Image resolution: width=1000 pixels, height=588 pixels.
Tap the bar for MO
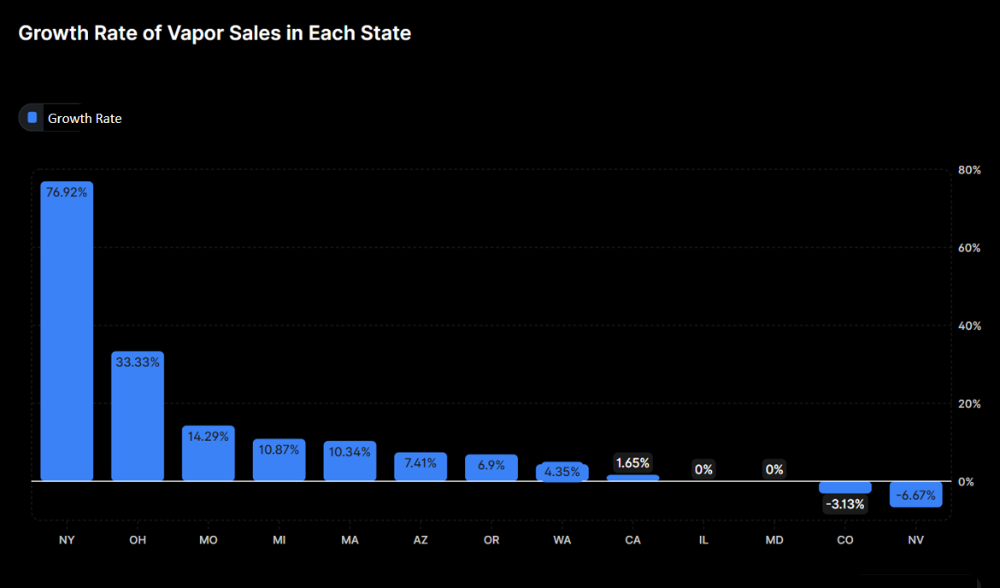pos(208,453)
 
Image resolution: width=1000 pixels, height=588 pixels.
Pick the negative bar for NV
pos(915,494)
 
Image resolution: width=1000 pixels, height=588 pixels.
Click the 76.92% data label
pos(67,192)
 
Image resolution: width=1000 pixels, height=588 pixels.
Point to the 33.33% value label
pos(138,362)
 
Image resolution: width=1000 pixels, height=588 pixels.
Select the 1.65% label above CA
pos(632,463)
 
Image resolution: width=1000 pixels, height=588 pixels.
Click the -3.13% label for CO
pos(844,504)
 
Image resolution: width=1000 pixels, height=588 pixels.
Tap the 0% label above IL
pos(703,469)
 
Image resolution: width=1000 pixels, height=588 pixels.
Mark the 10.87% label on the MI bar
pos(279,449)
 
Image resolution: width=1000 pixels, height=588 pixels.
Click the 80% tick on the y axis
pos(969,170)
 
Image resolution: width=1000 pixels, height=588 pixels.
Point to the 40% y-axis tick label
pos(969,326)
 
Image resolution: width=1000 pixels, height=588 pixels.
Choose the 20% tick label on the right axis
pos(969,403)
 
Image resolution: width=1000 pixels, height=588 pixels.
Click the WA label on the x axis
pos(562,540)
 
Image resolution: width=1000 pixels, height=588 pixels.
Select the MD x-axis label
pos(774,540)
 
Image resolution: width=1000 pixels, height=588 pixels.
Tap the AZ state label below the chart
pos(421,540)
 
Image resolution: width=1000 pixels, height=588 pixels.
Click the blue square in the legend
pos(32,118)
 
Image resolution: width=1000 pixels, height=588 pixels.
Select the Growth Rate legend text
pos(85,119)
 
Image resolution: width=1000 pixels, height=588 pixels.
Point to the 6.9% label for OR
pos(491,466)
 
